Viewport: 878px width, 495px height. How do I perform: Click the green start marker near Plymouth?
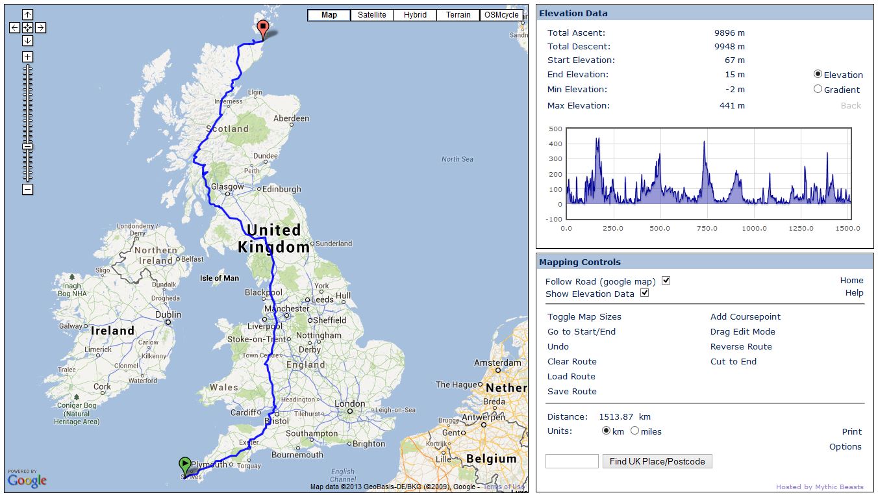[x=185, y=464]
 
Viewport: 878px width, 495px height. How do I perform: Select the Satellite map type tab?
[x=371, y=15]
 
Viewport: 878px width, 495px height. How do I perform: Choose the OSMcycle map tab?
[x=501, y=15]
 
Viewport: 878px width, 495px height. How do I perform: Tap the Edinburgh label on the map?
[x=281, y=189]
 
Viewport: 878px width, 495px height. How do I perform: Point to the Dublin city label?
[x=168, y=314]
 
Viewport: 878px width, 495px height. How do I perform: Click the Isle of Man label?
[x=219, y=278]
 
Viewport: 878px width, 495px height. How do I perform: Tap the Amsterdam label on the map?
[x=497, y=362]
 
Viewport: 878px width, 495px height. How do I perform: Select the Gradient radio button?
[x=818, y=89]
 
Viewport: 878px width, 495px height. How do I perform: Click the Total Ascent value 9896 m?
[x=729, y=32]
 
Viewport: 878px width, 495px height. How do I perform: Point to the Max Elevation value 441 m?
[x=732, y=105]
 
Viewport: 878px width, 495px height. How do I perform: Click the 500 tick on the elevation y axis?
[x=555, y=129]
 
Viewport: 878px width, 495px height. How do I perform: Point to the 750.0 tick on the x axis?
[x=707, y=229]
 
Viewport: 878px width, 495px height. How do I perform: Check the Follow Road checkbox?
[x=666, y=281]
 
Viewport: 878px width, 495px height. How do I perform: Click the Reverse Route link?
[x=741, y=346]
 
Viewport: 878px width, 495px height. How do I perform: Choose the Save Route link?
[x=571, y=391]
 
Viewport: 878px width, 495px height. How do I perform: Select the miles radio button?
[x=634, y=431]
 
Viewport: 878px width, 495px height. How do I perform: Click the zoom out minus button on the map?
[x=27, y=190]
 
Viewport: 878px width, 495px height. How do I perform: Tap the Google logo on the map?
[x=27, y=480]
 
